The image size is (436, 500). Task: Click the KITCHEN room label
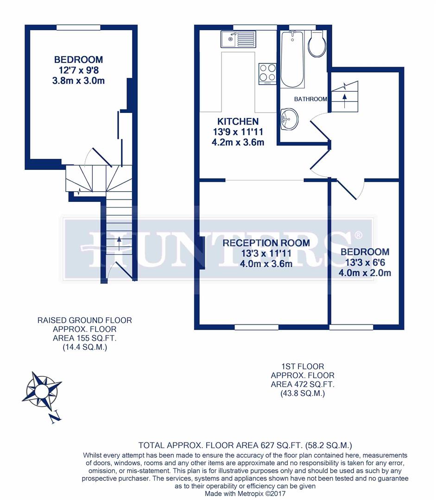pos(238,122)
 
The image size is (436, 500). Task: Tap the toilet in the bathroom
pos(317,44)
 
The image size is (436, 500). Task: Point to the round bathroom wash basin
pos(289,119)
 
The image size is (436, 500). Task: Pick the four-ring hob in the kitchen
pos(267,73)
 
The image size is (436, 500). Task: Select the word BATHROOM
pos(310,99)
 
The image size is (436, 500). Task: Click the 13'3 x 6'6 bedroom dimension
pos(365,262)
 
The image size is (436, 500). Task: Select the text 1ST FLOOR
pos(303,367)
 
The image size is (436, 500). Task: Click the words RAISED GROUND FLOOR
pos(84,320)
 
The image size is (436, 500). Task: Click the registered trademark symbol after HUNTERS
pos(358,236)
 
